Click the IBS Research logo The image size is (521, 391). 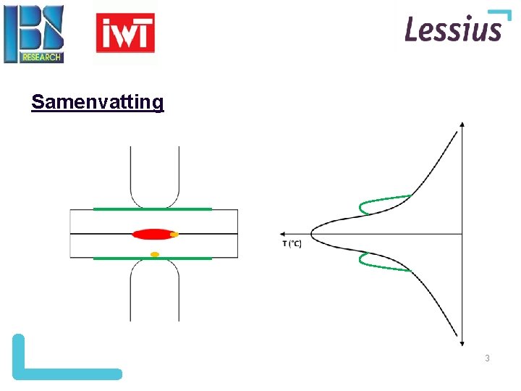click(x=34, y=34)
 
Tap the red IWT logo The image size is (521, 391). click(x=125, y=34)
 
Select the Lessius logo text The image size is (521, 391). click(x=453, y=30)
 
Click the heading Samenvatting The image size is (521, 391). click(x=98, y=102)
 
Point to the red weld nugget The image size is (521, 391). click(x=151, y=234)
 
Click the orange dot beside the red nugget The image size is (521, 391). click(x=174, y=235)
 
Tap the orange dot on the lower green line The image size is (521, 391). click(x=154, y=254)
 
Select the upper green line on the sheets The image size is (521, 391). click(x=153, y=209)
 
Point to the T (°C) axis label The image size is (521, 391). click(x=292, y=243)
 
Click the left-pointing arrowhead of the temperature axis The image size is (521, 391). click(x=281, y=234)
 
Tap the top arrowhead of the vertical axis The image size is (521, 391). click(x=462, y=126)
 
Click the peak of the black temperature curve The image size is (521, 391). click(x=313, y=234)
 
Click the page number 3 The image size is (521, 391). click(x=487, y=358)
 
